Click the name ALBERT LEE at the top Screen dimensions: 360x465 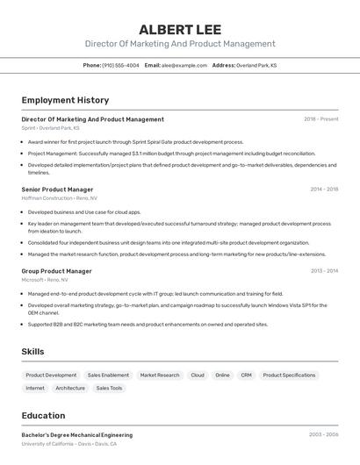[x=180, y=29]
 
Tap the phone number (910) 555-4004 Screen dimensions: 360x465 [x=120, y=65]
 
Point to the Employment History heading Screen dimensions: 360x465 [x=65, y=100]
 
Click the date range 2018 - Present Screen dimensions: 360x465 [x=320, y=119]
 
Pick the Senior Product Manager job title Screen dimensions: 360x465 [x=57, y=190]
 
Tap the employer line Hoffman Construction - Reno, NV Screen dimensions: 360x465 [x=60, y=198]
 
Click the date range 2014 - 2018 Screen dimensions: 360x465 [x=324, y=190]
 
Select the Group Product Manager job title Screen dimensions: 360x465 [x=56, y=271]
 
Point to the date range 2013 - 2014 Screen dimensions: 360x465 [x=324, y=271]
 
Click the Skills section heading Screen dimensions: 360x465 [x=32, y=352]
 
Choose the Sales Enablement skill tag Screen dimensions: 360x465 [x=108, y=375]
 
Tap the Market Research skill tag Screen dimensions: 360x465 [x=160, y=375]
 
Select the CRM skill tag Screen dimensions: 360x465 [x=246, y=375]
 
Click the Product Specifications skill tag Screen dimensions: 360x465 [x=289, y=375]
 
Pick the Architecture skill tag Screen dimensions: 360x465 [x=70, y=388]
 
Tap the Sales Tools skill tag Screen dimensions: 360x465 [x=110, y=388]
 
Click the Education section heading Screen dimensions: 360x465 [x=43, y=416]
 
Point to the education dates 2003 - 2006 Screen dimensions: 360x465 [x=323, y=435]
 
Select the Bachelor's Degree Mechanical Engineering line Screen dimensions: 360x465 [x=77, y=435]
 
